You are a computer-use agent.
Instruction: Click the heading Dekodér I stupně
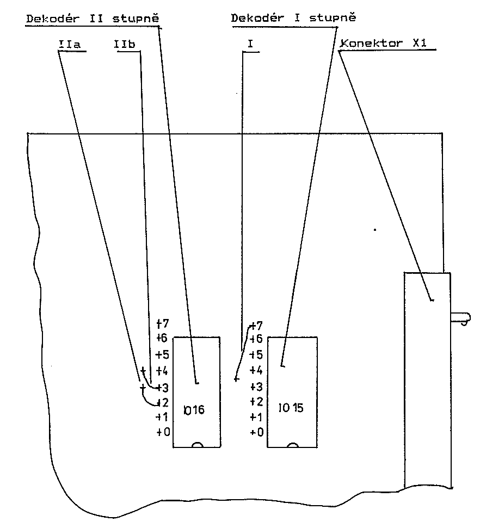(293, 18)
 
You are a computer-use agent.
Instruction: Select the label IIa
(69, 44)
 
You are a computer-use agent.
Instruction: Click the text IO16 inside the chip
(194, 409)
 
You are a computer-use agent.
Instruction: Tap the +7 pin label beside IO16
(162, 322)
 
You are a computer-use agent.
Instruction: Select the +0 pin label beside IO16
(163, 432)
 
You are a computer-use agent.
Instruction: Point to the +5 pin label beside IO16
(163, 354)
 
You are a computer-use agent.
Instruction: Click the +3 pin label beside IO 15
(256, 387)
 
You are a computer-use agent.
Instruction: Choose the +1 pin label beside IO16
(163, 417)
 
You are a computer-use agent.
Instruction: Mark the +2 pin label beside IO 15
(256, 402)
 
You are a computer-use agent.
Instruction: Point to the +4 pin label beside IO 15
(256, 371)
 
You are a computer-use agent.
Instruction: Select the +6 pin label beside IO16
(163, 338)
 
